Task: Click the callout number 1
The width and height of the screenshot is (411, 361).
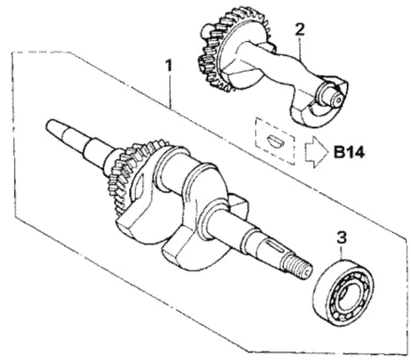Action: [x=169, y=66]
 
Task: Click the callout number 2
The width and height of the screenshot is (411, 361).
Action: [x=300, y=29]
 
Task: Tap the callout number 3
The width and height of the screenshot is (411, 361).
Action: [x=342, y=237]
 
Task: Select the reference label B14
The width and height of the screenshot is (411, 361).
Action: [x=349, y=153]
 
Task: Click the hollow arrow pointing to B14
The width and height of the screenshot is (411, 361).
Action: [x=316, y=153]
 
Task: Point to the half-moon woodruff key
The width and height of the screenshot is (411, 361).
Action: [x=276, y=140]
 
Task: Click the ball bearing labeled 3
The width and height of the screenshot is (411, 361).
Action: [x=343, y=290]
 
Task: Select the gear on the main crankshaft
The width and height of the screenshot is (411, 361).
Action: [x=133, y=175]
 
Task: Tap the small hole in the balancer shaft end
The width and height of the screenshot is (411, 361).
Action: [x=338, y=100]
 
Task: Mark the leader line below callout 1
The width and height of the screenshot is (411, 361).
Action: [x=170, y=91]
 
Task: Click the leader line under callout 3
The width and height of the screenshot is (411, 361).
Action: [x=342, y=252]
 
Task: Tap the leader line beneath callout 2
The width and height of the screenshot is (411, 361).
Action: [x=302, y=48]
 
